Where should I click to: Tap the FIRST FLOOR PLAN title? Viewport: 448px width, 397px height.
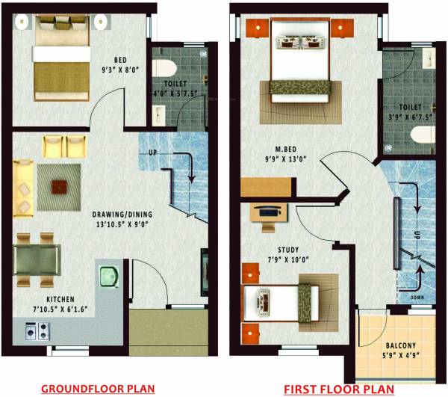338,389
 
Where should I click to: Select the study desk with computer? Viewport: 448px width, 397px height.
266,212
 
